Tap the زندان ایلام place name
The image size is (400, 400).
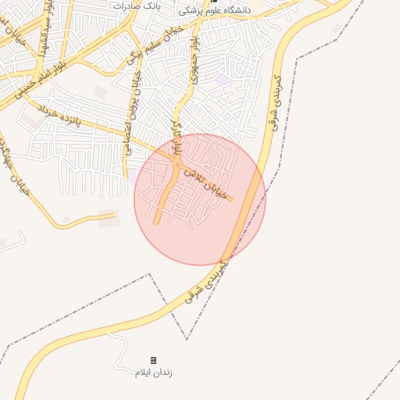click(x=153, y=373)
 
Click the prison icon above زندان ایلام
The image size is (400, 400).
click(x=153, y=360)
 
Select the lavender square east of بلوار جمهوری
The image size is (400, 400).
click(x=223, y=80)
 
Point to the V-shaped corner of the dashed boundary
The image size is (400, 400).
click(x=187, y=339)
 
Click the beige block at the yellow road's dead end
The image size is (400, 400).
click(x=109, y=218)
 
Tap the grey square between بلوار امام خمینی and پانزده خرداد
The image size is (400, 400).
click(x=101, y=92)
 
